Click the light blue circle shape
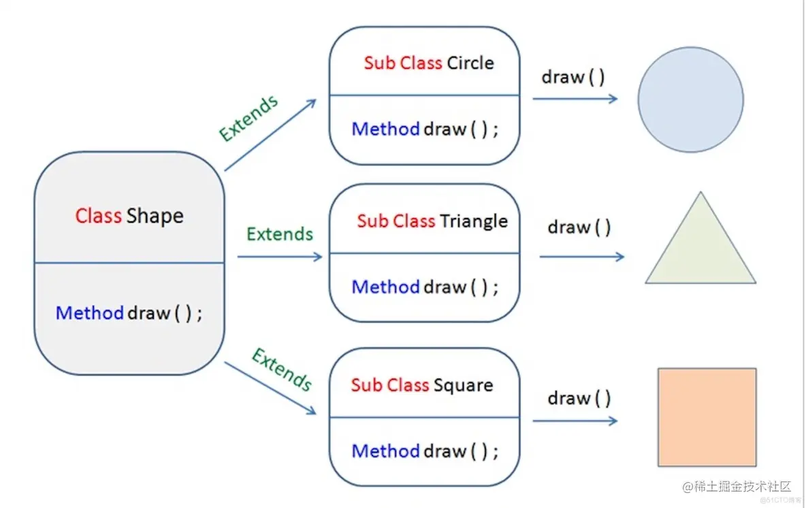pyautogui.click(x=690, y=99)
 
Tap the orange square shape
pyautogui.click(x=707, y=417)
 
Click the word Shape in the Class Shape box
pyautogui.click(x=155, y=217)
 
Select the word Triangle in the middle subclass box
pyautogui.click(x=473, y=221)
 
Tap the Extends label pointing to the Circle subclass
pyautogui.click(x=248, y=118)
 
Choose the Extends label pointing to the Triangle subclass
pyautogui.click(x=280, y=234)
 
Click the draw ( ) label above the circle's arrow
pyautogui.click(x=573, y=77)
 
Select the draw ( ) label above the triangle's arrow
pyautogui.click(x=579, y=227)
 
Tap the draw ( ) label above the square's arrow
pyautogui.click(x=579, y=398)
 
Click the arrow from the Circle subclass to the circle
pyautogui.click(x=575, y=99)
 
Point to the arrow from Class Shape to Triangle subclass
pyautogui.click(x=279, y=257)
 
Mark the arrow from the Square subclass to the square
pyautogui.click(x=575, y=421)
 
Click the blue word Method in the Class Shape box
pyautogui.click(x=89, y=313)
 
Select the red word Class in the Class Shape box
pyautogui.click(x=98, y=217)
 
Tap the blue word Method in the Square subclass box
pyautogui.click(x=385, y=451)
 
